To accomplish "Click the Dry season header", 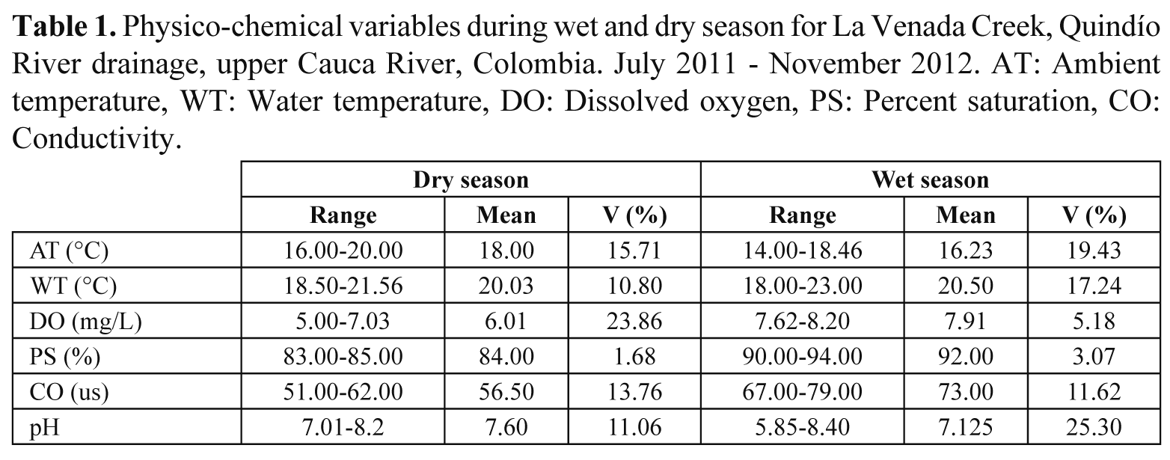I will tap(471, 180).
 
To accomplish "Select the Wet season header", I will tap(930, 180).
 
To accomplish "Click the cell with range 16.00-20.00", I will tap(343, 251).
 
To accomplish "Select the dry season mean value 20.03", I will tap(506, 286).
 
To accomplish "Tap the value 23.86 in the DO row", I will tap(634, 322).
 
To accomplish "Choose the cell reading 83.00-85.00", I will tap(343, 358).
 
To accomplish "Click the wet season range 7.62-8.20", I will tap(802, 322).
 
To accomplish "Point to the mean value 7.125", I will tap(966, 429).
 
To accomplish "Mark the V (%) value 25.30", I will tap(1094, 429).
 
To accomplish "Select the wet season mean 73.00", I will tap(966, 393).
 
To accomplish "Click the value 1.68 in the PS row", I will tap(634, 358).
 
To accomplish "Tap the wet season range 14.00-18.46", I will tap(802, 251).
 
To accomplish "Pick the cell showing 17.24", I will tap(1094, 286).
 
